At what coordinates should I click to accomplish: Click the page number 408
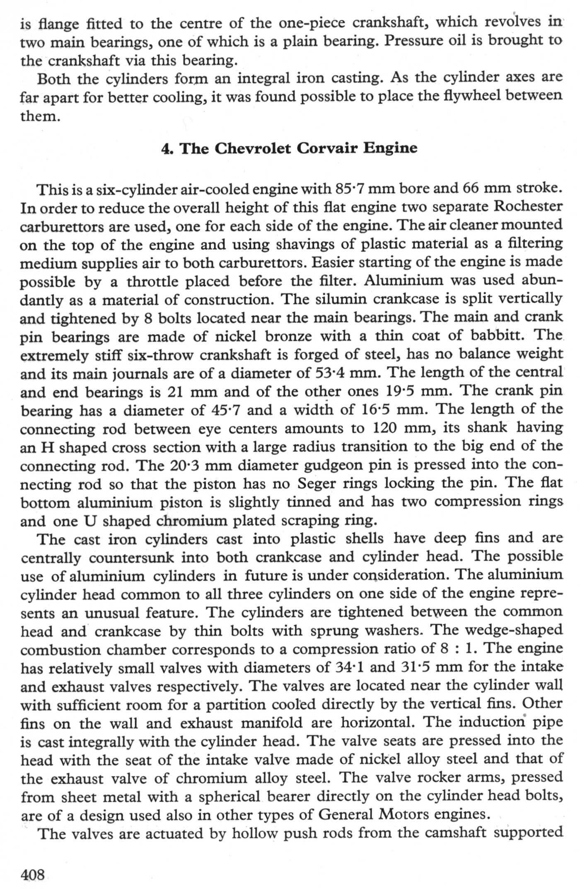click(x=32, y=874)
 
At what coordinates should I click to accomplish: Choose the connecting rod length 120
click(x=385, y=428)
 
